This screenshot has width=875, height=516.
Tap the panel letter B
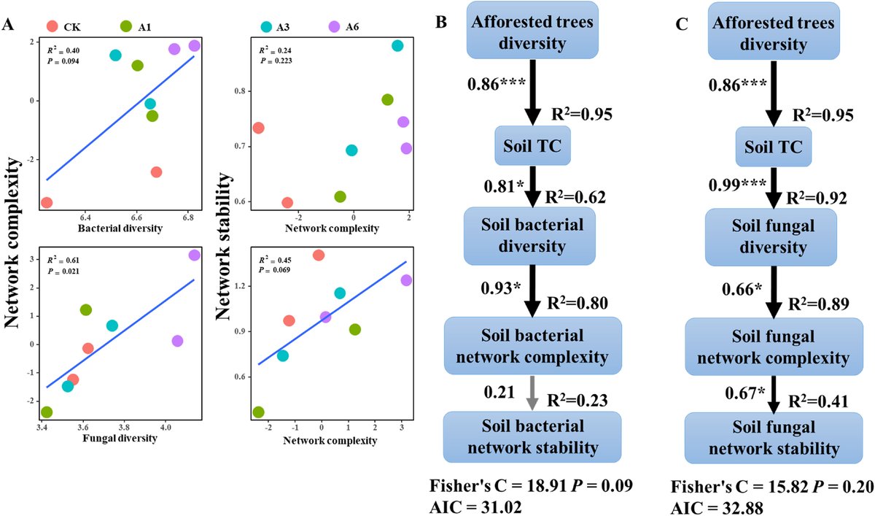tap(440, 24)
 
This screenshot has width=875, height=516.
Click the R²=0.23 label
tap(580, 400)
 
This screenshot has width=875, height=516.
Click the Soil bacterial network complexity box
tap(532, 347)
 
